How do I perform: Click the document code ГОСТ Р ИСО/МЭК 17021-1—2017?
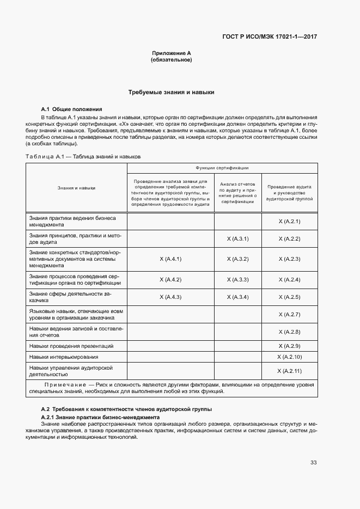(x=270, y=37)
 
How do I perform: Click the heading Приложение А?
(x=171, y=53)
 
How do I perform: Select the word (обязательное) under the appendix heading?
(x=171, y=59)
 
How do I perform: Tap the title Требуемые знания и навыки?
(x=171, y=93)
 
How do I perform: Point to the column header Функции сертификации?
(x=221, y=168)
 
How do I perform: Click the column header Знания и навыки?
(x=76, y=188)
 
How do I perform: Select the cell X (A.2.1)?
(x=289, y=222)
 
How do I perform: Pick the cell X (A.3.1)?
(x=237, y=238)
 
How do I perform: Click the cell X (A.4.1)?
(x=170, y=259)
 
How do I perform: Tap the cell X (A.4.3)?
(x=170, y=297)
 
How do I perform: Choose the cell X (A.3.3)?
(x=237, y=279)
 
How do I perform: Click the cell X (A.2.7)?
(x=289, y=314)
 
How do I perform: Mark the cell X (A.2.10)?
(x=289, y=357)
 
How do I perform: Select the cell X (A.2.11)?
(x=289, y=371)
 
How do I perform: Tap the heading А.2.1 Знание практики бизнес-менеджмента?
(x=100, y=417)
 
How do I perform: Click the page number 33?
(x=313, y=463)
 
